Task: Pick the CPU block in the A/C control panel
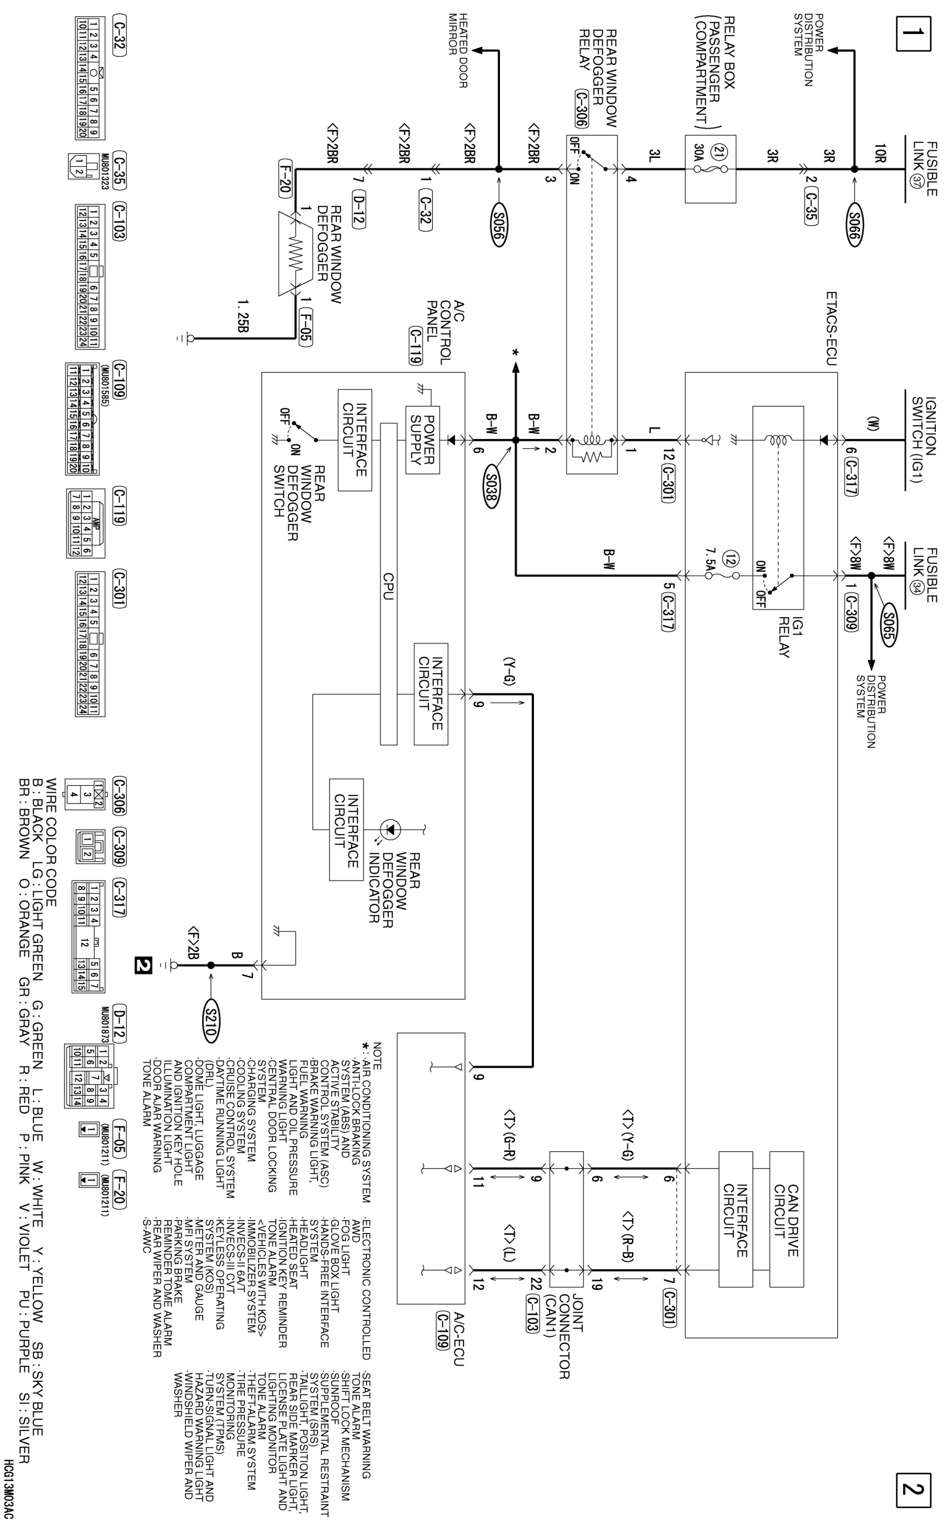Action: pos(388,584)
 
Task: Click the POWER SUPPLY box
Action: pos(422,439)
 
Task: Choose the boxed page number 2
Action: pos(913,1489)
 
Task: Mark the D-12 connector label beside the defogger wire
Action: pos(358,210)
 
